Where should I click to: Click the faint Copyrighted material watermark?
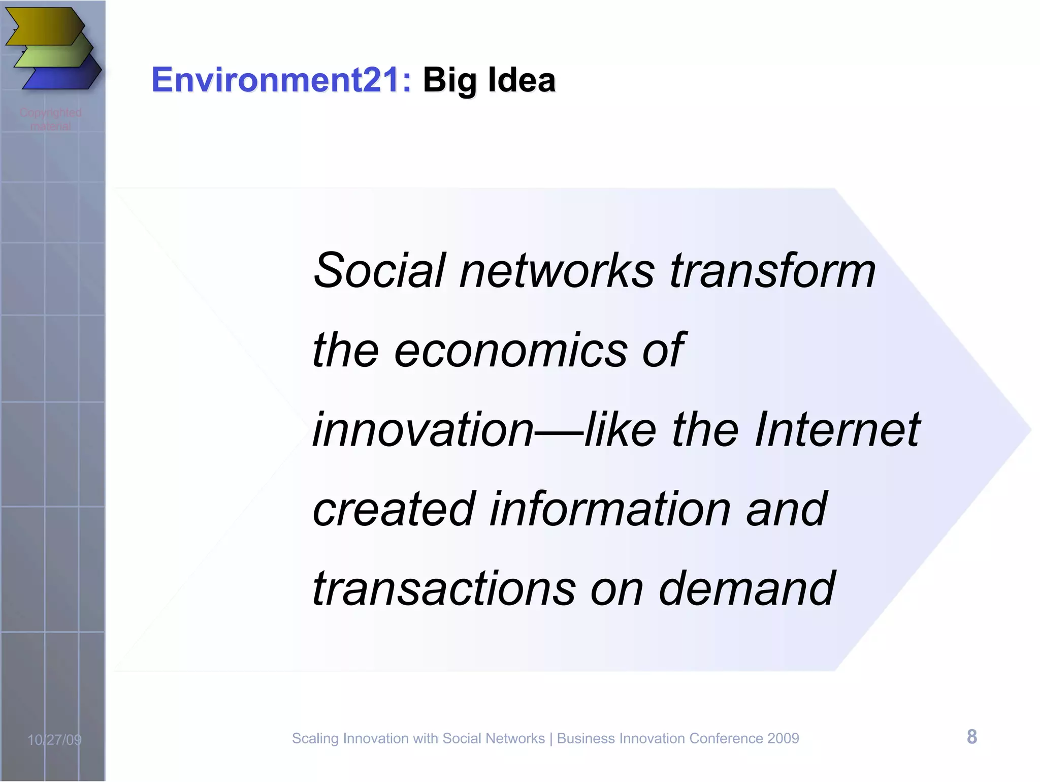coord(51,119)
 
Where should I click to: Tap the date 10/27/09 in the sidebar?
coord(54,739)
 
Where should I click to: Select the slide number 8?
coord(971,737)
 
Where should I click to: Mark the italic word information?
coord(610,509)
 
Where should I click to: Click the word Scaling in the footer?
coord(315,739)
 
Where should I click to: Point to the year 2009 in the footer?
coord(783,738)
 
